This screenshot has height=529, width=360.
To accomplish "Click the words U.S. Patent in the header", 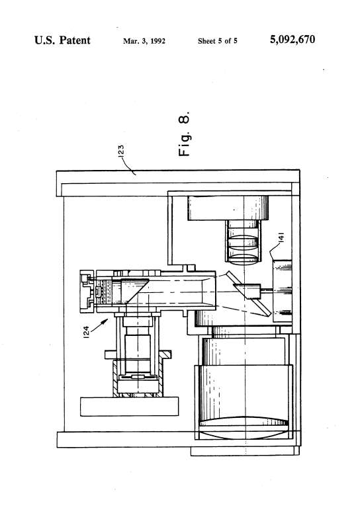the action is click(62, 40).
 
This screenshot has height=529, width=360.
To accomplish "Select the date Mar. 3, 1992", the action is click(144, 41).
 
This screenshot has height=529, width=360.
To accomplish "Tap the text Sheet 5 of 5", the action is click(218, 41).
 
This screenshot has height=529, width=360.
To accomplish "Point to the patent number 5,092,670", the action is click(292, 40).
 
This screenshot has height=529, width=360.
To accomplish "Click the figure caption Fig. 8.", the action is click(184, 134).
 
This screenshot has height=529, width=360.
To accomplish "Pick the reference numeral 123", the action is click(120, 150).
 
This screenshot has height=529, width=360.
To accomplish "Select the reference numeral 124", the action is click(87, 332).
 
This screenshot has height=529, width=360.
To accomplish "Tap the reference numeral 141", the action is click(281, 237).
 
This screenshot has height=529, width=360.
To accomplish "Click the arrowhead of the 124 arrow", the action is click(106, 321).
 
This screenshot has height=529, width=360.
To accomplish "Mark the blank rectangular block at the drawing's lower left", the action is click(129, 406).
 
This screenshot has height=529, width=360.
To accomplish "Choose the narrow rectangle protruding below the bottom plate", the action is click(245, 451).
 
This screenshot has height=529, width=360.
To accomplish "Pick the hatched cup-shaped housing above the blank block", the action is click(138, 378).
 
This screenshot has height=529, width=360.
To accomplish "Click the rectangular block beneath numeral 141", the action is click(282, 291).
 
